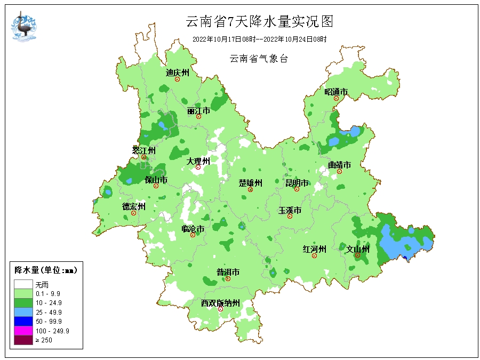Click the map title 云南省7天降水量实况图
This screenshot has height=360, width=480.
pyautogui.click(x=259, y=22)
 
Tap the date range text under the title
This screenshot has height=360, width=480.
pyautogui.click(x=259, y=39)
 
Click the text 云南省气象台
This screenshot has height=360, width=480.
pyautogui.click(x=259, y=59)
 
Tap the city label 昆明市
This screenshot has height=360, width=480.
pyautogui.click(x=297, y=183)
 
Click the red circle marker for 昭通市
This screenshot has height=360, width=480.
pyautogui.click(x=337, y=98)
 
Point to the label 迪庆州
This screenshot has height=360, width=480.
pyautogui.click(x=177, y=73)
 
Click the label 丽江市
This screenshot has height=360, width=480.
pyautogui.click(x=198, y=111)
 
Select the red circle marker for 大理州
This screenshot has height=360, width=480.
pyautogui.click(x=198, y=167)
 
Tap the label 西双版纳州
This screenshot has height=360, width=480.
pyautogui.click(x=220, y=303)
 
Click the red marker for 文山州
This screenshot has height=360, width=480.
pyautogui.click(x=357, y=255)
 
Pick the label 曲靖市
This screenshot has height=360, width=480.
pyautogui.click(x=339, y=165)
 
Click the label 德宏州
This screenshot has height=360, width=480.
pyautogui.click(x=133, y=206)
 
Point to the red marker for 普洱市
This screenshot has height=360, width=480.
pyautogui.click(x=228, y=278)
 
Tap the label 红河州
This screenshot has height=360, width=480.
pyautogui.click(x=314, y=249)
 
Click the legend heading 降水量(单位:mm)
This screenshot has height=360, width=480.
pyautogui.click(x=45, y=270)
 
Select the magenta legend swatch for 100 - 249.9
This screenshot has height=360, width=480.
pyautogui.click(x=23, y=331)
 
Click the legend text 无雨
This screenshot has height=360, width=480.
pyautogui.click(x=42, y=285)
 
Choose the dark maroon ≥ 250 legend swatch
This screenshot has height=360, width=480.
pyautogui.click(x=23, y=340)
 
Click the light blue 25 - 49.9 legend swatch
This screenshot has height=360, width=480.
pyautogui.click(x=23, y=312)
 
